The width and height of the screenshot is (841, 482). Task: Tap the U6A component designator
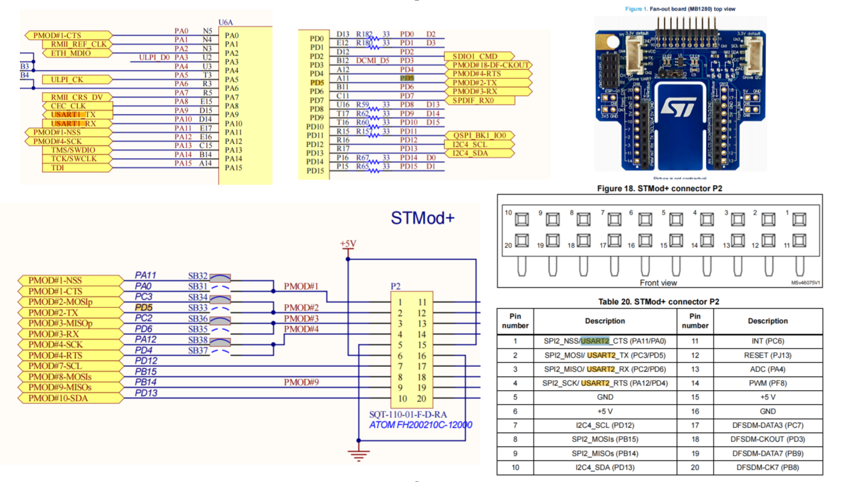(226, 22)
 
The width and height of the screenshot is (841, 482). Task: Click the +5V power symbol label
(348, 243)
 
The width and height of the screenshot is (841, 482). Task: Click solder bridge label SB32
(197, 275)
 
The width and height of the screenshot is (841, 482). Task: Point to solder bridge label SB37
(197, 350)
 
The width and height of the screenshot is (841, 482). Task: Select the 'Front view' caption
(658, 283)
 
